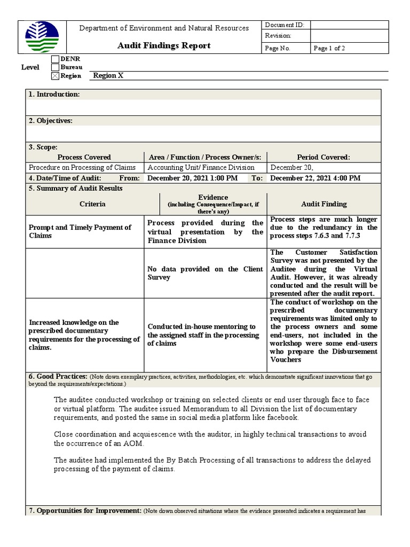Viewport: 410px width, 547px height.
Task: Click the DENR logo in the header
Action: click(x=42, y=37)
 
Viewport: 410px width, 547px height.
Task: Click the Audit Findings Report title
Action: click(x=164, y=45)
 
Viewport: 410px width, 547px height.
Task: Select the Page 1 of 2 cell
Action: click(x=329, y=48)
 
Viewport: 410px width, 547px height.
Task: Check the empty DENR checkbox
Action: click(x=55, y=59)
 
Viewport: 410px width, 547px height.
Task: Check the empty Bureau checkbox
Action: click(x=55, y=67)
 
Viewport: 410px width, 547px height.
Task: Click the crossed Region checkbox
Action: click(x=55, y=76)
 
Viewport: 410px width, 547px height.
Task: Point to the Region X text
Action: click(x=108, y=76)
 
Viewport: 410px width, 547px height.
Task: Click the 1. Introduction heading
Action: click(x=54, y=95)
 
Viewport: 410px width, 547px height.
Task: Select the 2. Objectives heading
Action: click(x=51, y=121)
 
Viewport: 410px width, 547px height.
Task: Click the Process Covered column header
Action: click(x=84, y=157)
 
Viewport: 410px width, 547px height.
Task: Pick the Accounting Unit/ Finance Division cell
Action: click(x=201, y=167)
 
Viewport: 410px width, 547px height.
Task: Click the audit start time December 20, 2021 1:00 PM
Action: click(x=192, y=178)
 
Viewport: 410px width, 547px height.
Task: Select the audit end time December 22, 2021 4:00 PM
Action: click(x=315, y=178)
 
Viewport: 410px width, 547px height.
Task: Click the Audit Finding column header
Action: click(x=324, y=204)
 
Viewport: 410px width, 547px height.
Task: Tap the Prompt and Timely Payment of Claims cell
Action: click(x=80, y=231)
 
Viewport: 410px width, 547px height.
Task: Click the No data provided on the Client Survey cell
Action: click(x=205, y=273)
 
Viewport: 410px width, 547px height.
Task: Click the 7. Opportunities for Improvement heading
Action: click(x=85, y=511)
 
